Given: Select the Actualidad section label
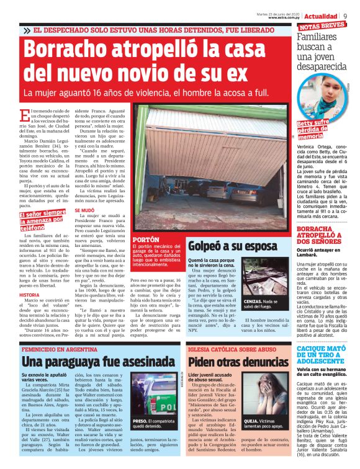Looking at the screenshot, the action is pos(321,16).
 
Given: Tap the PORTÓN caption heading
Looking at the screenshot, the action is pos(146,239).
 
